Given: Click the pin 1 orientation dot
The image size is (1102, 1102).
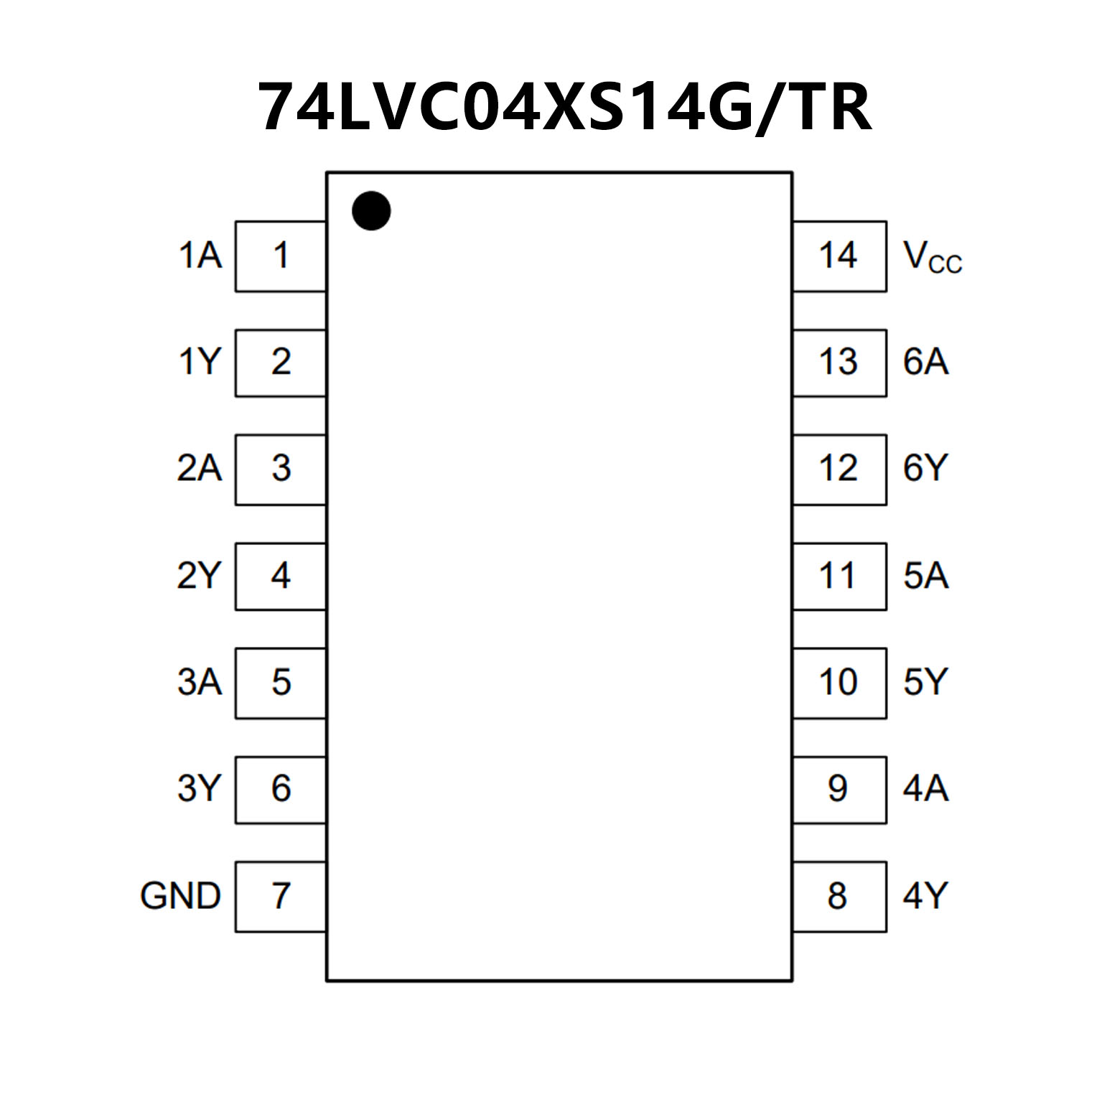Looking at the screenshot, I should click(x=371, y=211).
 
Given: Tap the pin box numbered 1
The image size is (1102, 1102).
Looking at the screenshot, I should click(x=281, y=256).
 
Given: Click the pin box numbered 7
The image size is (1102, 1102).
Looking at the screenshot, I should click(x=281, y=896).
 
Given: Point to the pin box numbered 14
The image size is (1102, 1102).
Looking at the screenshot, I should click(x=839, y=256).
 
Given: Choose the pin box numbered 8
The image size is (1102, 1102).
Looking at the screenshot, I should click(x=839, y=896).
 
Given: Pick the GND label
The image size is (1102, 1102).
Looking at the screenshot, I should click(x=180, y=896).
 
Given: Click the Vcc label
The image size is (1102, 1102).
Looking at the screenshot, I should click(x=931, y=258).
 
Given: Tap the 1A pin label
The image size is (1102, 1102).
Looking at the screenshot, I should click(x=200, y=256).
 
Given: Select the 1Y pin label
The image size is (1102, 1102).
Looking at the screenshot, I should click(x=199, y=362).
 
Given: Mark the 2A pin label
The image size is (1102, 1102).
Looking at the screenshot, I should click(x=199, y=469).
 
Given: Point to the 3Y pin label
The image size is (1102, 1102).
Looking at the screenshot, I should click(x=199, y=789).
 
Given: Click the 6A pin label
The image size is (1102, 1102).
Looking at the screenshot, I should click(x=925, y=362).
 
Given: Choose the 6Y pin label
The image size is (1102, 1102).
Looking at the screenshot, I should click(x=925, y=469).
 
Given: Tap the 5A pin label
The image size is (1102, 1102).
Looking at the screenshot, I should click(x=925, y=576).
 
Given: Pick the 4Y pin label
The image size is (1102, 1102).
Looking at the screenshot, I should click(x=925, y=896).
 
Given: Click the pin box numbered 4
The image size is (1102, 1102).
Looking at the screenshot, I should click(x=281, y=576).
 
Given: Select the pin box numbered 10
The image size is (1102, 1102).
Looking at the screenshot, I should click(x=839, y=682).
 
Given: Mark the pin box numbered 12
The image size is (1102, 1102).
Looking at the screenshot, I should click(x=839, y=469).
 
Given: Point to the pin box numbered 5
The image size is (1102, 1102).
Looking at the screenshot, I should click(x=281, y=682).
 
